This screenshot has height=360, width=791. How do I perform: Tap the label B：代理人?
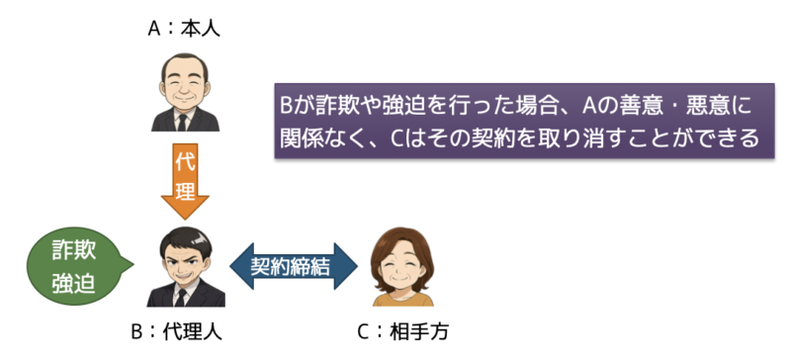click(185, 330)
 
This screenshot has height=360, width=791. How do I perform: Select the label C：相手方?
click(404, 330)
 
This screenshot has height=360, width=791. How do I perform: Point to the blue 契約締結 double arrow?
click(293, 266)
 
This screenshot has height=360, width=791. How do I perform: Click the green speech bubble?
click(73, 264)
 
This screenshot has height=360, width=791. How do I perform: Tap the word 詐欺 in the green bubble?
click(73, 248)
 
